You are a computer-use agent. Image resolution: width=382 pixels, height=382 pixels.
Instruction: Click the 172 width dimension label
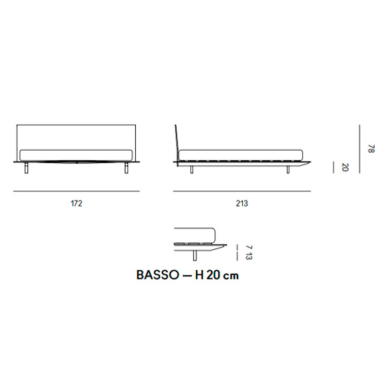tap(76, 203)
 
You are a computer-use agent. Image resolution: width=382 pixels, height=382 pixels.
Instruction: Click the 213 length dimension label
tap(241, 203)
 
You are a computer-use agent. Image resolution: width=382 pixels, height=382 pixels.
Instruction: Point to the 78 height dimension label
tap(371, 149)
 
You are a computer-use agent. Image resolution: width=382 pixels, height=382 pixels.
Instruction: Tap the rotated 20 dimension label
tap(345, 167)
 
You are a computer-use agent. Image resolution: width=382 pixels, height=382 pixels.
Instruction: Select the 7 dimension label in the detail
tap(248, 247)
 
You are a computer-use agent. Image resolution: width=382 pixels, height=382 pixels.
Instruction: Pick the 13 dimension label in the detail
tap(248, 256)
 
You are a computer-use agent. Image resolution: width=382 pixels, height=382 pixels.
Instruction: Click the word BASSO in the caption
tap(158, 275)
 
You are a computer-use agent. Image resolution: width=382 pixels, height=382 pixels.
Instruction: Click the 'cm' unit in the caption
tap(231, 276)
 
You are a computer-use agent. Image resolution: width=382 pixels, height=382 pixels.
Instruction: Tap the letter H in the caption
tap(199, 275)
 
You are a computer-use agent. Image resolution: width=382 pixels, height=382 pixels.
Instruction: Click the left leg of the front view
tap(27, 168)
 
